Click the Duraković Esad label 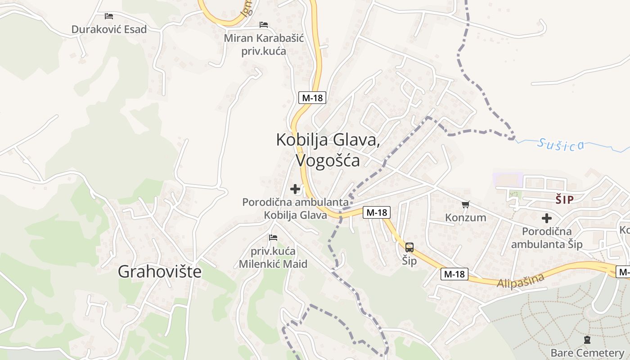pos(109,30)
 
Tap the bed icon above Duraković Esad pos(109,16)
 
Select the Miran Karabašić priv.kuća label pos(264,44)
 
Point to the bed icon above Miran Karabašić pos(264,24)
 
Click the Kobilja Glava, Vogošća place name pos(328,150)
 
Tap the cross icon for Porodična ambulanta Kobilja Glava pos(295,189)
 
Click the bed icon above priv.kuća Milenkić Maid pos(273,237)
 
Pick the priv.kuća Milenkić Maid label pos(273,257)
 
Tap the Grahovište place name pos(160,271)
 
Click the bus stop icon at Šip pos(409,247)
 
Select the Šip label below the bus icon pos(409,261)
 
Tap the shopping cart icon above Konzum pos(466,205)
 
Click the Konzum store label pos(466,218)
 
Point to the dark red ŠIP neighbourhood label pos(564,200)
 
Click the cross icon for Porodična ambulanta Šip pos(547,218)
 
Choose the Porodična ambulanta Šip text pos(547,238)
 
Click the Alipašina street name pos(521,280)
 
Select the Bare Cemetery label pos(587,352)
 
